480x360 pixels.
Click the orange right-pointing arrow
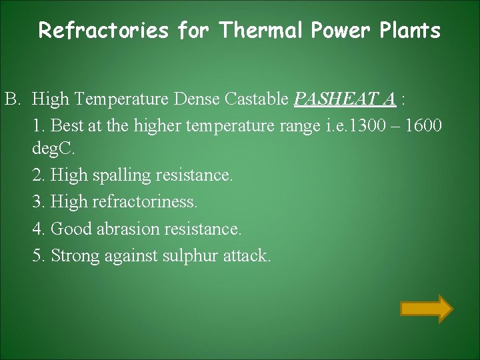click(426, 309)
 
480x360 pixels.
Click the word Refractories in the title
click(103, 31)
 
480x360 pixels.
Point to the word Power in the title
click(337, 31)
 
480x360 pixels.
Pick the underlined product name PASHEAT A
click(345, 100)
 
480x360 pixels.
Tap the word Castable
click(256, 100)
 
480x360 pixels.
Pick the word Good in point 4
click(71, 229)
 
